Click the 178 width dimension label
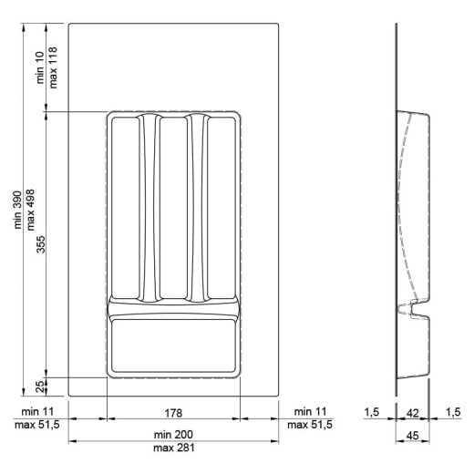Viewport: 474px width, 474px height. click(173, 413)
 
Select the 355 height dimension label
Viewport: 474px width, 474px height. click(40, 244)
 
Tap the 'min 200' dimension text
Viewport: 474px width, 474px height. click(173, 435)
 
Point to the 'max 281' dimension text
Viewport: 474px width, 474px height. click(173, 448)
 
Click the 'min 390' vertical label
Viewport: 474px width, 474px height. click(17, 210)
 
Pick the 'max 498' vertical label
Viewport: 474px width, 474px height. click(30, 210)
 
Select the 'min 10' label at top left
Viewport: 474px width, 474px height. click(40, 67)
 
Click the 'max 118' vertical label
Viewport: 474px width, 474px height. click(53, 67)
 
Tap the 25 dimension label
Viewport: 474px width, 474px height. click(40, 386)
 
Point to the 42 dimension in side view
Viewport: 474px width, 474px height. click(413, 413)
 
